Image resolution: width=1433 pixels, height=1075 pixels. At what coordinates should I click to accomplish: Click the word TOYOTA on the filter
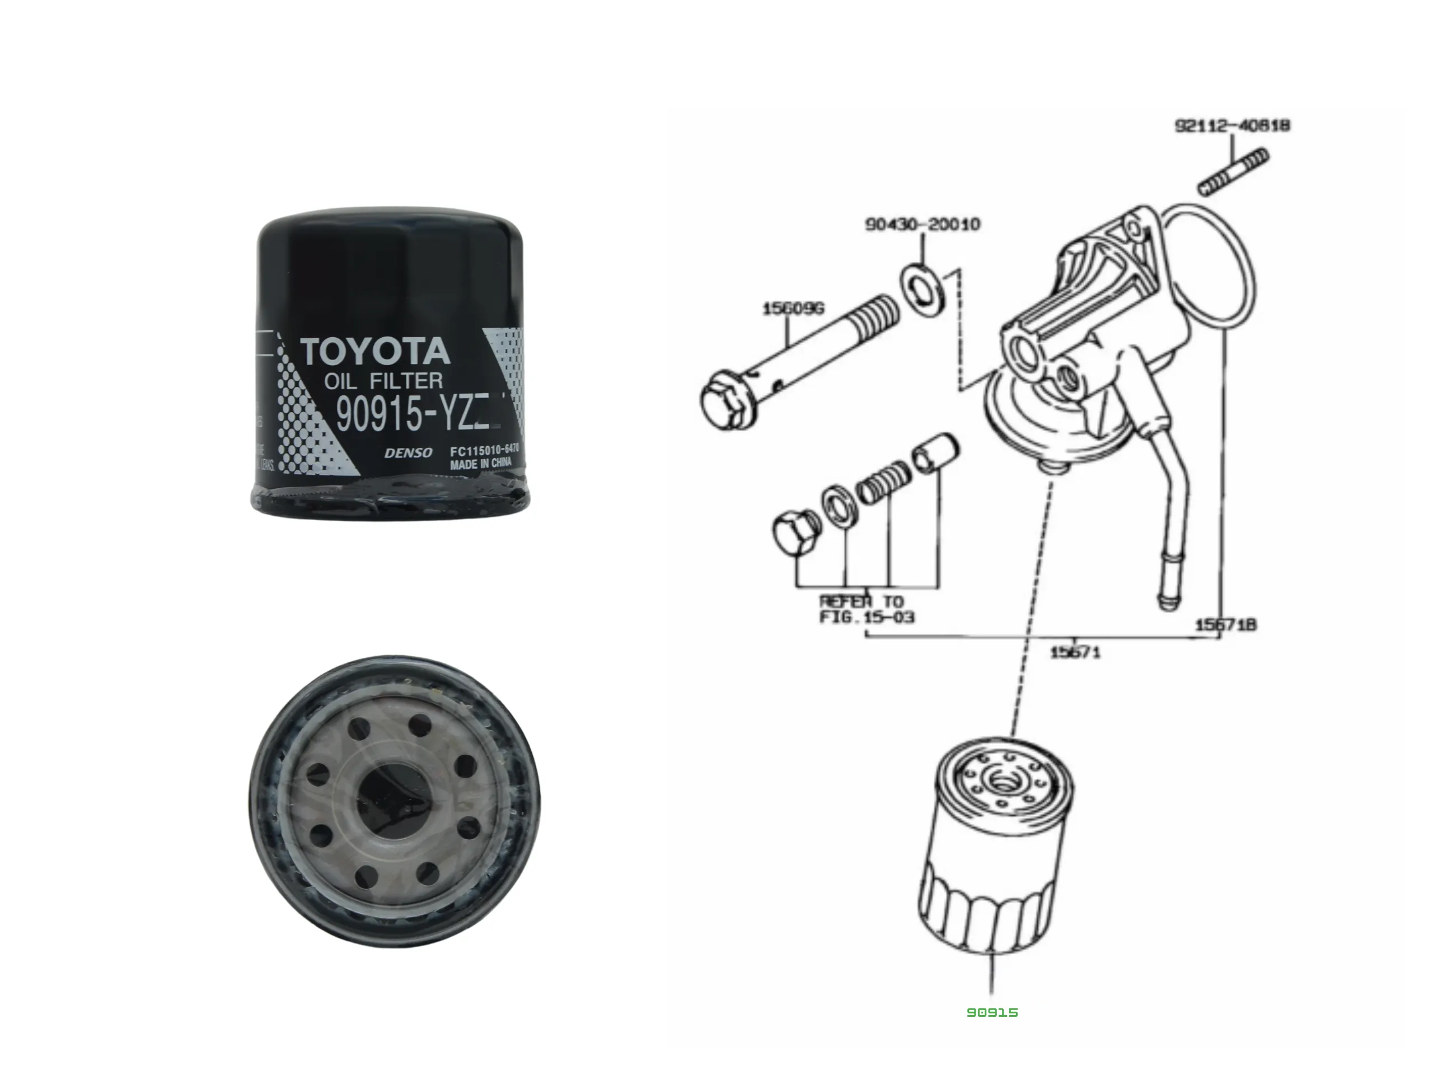tap(375, 352)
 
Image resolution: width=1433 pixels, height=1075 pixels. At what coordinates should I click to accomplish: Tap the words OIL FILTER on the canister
tap(384, 381)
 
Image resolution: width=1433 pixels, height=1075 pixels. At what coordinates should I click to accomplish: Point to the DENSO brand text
tap(408, 453)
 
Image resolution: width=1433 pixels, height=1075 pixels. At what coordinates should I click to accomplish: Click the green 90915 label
tap(992, 1012)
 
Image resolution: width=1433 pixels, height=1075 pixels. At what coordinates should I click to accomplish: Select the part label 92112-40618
tap(1232, 125)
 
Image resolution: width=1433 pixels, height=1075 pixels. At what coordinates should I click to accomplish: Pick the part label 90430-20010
tap(922, 224)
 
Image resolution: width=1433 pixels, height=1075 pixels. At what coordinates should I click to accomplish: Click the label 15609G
tap(793, 309)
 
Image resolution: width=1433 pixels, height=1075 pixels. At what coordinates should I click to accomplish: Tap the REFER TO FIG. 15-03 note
tap(866, 609)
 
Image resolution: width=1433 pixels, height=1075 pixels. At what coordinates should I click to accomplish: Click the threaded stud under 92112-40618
tap(1233, 172)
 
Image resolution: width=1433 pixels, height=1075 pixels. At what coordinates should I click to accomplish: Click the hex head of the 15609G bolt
tap(728, 399)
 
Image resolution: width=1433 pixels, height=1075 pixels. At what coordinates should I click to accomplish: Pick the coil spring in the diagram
tap(883, 482)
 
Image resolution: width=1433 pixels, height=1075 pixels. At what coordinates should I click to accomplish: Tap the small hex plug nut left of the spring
tap(796, 532)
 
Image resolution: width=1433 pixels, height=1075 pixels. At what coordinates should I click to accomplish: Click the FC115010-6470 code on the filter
tap(485, 450)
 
